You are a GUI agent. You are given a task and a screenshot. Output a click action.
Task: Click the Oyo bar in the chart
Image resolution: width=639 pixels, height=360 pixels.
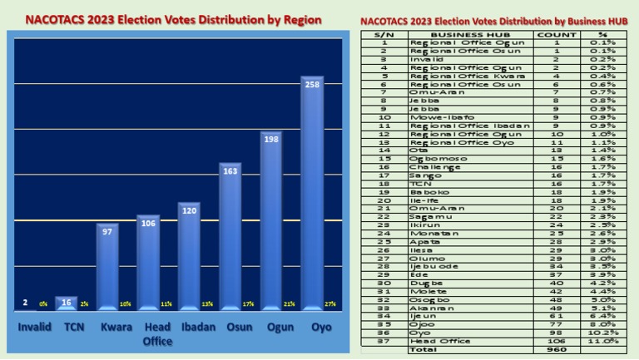[312, 195]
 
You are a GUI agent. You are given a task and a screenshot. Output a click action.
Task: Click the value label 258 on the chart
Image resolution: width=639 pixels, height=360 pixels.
[312, 85]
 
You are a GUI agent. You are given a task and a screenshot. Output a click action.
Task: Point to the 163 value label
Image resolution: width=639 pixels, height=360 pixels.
[230, 170]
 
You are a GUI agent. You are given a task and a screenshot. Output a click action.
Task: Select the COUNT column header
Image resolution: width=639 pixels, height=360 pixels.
[557, 34]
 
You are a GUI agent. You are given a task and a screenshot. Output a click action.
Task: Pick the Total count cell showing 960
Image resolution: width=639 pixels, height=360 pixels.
[557, 349]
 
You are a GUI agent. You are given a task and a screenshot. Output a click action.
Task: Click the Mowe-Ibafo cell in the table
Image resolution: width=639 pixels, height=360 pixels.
[432, 116]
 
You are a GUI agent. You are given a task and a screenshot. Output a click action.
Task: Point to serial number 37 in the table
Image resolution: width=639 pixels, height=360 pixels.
[384, 341]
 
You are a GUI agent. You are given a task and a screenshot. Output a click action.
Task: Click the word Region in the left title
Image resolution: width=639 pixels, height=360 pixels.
[297, 19]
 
